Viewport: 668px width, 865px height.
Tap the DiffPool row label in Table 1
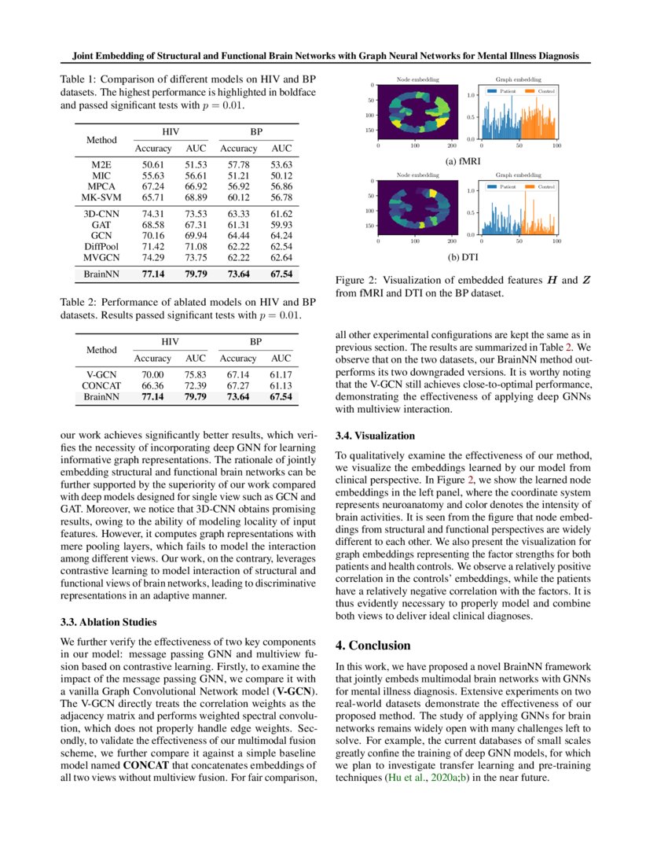click(x=100, y=245)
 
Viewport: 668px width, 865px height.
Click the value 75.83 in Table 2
click(x=195, y=376)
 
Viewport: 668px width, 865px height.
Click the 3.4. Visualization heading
click(x=376, y=435)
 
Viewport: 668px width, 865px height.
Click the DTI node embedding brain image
click(x=417, y=208)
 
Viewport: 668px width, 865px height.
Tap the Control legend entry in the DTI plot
click(x=541, y=186)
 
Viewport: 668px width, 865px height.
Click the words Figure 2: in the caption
click(x=357, y=281)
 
